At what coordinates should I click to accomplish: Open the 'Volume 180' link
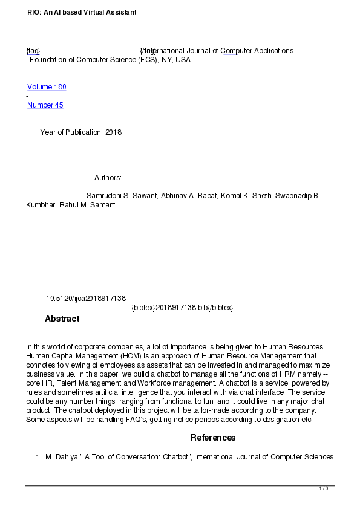47,87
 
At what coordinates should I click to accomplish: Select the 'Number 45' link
45,105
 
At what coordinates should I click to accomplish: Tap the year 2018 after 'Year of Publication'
113,132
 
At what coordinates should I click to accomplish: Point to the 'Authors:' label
108,178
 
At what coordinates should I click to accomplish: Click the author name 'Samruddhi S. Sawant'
123,196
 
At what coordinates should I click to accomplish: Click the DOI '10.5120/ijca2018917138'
86,299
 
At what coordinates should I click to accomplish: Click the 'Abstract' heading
62,319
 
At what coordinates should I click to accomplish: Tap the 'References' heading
213,438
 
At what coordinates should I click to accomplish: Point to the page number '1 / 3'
324,488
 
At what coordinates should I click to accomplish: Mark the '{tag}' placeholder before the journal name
33,51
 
